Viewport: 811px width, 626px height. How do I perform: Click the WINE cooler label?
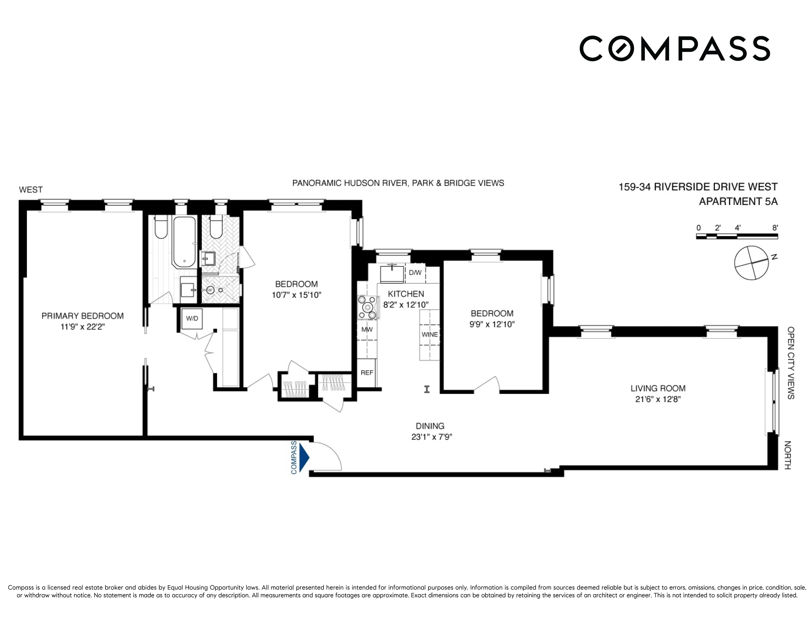[430, 334]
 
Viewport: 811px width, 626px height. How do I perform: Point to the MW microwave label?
[367, 329]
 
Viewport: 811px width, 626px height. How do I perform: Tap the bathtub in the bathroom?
[184, 242]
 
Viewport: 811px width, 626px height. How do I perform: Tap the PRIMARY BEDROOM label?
[82, 316]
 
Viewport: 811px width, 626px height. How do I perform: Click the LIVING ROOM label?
[658, 388]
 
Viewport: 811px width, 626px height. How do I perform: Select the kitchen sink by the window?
[392, 274]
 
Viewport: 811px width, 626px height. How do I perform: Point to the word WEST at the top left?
[31, 190]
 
